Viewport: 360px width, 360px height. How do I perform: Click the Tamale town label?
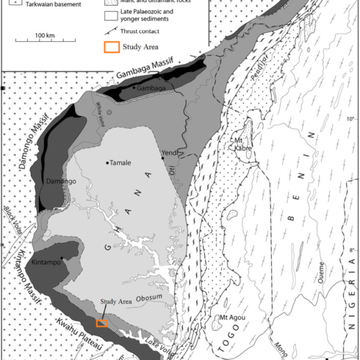(121, 163)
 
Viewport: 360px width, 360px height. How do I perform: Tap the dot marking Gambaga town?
(134, 87)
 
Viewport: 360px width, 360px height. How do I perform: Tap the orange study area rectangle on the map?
(101, 323)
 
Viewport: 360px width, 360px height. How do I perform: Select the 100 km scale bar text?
(46, 36)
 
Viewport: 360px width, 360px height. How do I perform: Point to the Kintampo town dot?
(61, 258)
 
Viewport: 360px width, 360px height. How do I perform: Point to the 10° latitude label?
(350, 119)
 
